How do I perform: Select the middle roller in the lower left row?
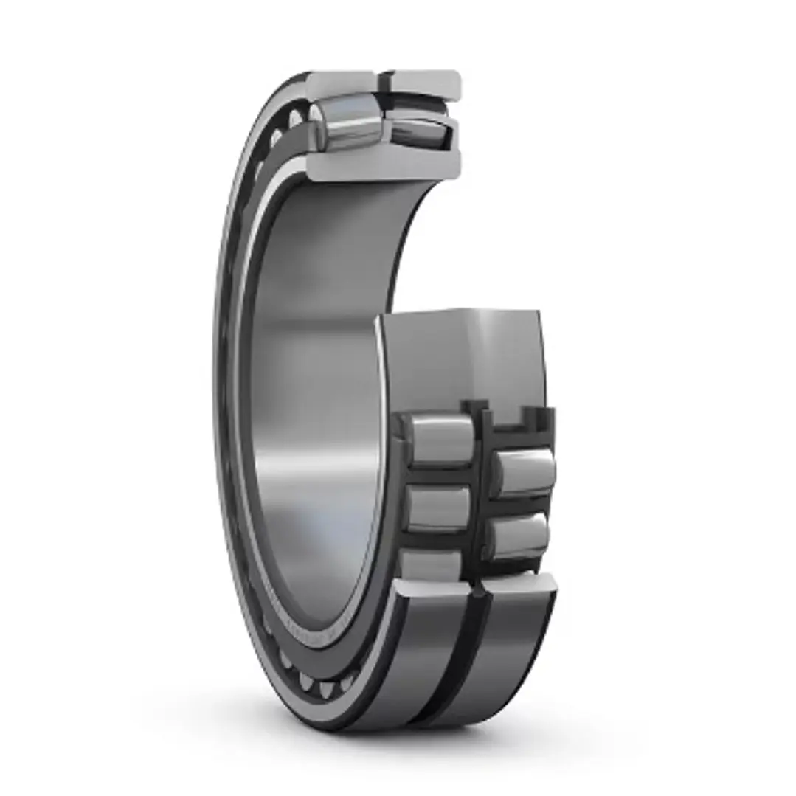[437, 508]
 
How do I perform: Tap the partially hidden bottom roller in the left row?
[431, 564]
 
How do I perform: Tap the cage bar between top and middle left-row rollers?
[440, 476]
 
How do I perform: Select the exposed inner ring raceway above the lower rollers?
[465, 354]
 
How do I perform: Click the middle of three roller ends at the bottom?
[305, 680]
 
